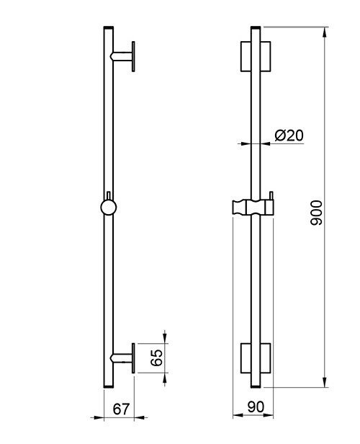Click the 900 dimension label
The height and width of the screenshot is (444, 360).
click(316, 213)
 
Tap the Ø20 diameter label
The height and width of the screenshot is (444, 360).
click(289, 136)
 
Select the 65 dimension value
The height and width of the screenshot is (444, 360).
click(156, 358)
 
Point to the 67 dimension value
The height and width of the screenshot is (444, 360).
click(121, 409)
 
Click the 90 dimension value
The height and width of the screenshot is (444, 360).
click(256, 407)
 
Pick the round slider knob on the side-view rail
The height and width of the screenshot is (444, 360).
click(109, 208)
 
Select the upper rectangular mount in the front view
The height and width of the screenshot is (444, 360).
click(256, 56)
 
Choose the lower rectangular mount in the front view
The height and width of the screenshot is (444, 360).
click(256, 358)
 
